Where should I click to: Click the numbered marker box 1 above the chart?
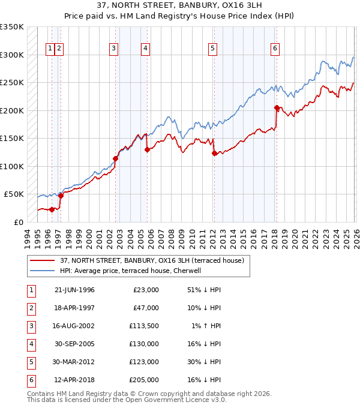pos(51,49)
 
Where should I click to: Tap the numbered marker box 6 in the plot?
pos(275,49)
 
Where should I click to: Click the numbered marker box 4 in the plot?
pos(146,49)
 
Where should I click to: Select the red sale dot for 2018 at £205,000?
pos(277,108)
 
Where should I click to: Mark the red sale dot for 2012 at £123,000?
pos(214,154)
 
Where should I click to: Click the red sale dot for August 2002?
pos(115,159)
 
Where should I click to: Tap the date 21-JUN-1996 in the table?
pos(74,290)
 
